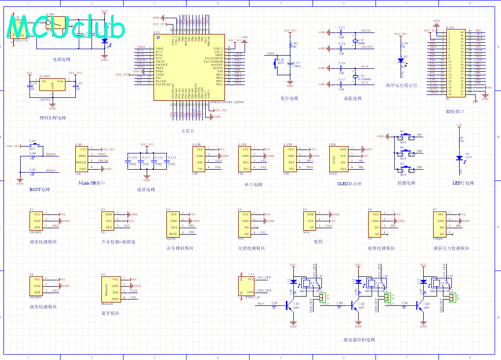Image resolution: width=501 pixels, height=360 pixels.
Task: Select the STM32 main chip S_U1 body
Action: [189, 67]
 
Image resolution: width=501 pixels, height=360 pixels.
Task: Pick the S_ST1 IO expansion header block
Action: [456, 62]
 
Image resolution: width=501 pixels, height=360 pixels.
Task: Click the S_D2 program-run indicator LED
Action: [399, 61]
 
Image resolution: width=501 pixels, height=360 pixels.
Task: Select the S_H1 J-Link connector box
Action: [83, 159]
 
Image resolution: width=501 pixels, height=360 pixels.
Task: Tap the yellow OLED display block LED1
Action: [340, 159]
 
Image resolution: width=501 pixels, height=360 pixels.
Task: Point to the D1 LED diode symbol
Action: [459, 158]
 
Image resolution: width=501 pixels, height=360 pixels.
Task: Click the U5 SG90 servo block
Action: [310, 221]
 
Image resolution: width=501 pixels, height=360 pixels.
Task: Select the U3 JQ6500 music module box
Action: [174, 224]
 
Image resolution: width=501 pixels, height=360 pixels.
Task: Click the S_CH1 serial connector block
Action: [199, 159]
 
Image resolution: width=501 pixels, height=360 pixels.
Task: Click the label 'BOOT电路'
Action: [40, 189]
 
